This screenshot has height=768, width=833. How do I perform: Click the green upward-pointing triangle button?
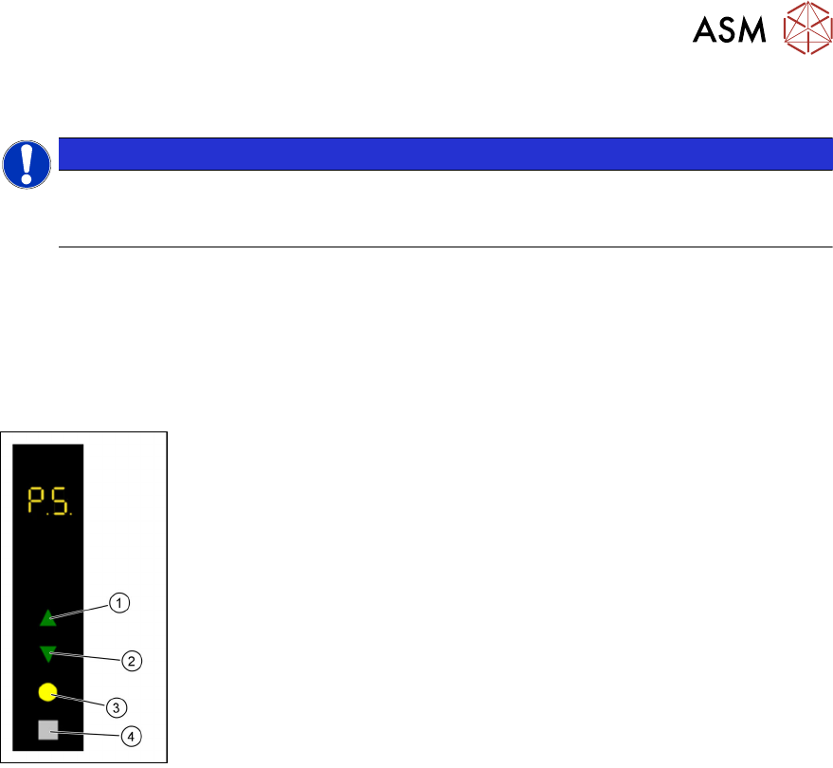(x=47, y=619)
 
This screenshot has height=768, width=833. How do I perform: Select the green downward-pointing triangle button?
(x=47, y=653)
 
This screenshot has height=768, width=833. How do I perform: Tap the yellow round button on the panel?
(x=48, y=692)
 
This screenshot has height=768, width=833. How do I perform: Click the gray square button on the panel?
(x=48, y=730)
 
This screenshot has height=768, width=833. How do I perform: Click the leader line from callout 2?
(x=89, y=656)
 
